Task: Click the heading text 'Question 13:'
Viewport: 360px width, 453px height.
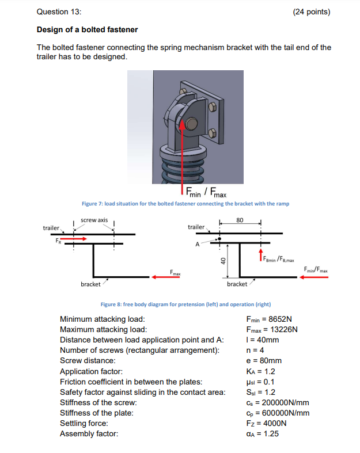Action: (x=59, y=12)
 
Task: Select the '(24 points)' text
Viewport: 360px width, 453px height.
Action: (x=312, y=12)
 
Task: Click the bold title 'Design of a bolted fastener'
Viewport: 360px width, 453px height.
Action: (x=87, y=29)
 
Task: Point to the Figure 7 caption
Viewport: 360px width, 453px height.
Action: (x=185, y=204)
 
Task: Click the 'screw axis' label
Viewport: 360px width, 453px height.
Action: (x=94, y=220)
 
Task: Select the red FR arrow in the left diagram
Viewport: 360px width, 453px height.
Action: (x=73, y=238)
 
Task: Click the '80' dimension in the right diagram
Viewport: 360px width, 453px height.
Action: (x=240, y=220)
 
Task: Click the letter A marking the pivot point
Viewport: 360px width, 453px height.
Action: (x=198, y=244)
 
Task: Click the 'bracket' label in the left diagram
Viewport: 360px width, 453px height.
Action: (x=91, y=284)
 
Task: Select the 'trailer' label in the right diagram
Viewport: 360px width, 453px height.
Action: (x=196, y=227)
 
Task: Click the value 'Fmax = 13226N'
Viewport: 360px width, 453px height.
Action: (x=271, y=329)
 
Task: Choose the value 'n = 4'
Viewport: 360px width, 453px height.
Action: (x=255, y=350)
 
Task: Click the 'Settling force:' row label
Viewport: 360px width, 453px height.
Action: (x=84, y=423)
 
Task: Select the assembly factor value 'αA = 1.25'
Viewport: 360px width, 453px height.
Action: (x=262, y=433)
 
